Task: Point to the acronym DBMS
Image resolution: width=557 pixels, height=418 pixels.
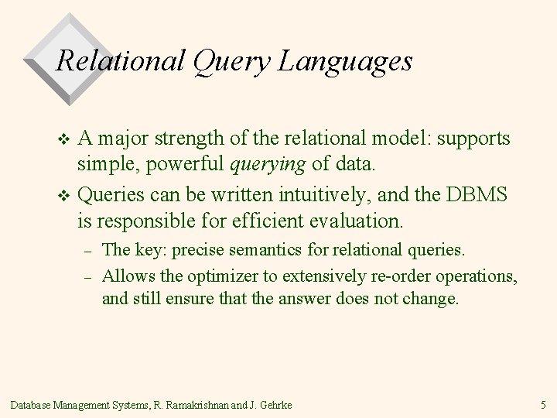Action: coord(477,194)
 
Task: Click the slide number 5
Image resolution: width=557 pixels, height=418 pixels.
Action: coord(543,405)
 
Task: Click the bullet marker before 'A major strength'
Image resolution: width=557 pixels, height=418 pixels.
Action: coord(64,140)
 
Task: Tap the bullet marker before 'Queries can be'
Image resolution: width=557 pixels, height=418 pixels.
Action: coord(64,195)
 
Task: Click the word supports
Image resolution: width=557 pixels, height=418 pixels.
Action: coord(473,139)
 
